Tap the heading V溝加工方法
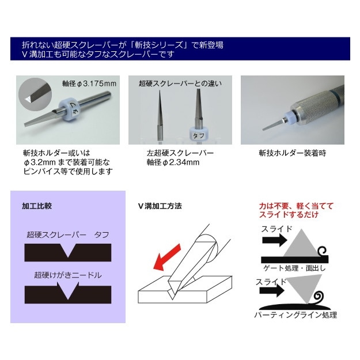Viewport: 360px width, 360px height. pos(160,206)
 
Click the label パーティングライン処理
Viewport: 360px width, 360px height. pos(295,315)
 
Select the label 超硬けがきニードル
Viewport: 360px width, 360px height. pos(67,275)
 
